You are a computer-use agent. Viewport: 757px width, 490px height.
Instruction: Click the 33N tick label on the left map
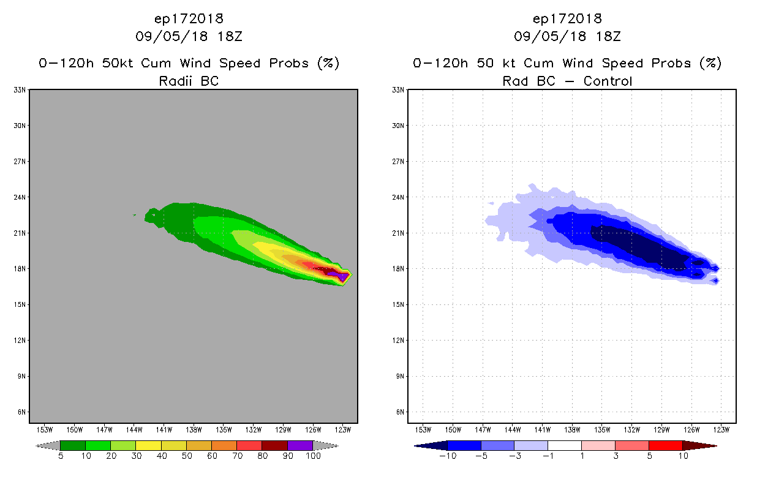click(20, 90)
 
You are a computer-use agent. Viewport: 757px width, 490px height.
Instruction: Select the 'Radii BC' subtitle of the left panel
click(189, 81)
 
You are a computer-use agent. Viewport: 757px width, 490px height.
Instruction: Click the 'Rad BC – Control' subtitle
click(567, 81)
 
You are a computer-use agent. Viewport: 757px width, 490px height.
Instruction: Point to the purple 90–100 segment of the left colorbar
click(300, 445)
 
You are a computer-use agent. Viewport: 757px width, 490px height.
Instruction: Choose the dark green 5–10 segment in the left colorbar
click(73, 445)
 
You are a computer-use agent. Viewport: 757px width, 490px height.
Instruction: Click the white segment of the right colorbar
click(564, 445)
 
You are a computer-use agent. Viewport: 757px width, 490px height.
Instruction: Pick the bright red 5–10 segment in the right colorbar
click(665, 445)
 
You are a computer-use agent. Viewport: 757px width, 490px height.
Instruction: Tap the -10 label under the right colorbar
click(448, 456)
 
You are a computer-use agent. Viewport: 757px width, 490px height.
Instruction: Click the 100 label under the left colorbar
click(313, 456)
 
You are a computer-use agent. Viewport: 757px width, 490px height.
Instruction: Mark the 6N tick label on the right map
click(400, 412)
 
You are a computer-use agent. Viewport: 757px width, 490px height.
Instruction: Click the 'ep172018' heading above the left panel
click(189, 18)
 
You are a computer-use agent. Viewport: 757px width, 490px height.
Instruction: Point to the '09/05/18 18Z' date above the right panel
click(567, 36)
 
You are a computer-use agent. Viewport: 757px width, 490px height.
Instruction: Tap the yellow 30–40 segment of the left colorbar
click(148, 445)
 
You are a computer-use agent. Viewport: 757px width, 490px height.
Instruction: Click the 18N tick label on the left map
click(20, 269)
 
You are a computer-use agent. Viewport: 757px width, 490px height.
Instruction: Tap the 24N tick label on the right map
click(399, 197)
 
